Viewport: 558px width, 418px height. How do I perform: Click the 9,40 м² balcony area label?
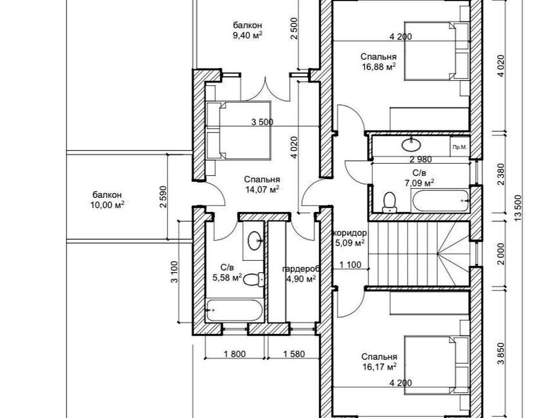[x=248, y=30]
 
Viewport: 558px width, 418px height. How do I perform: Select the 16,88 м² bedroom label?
[x=378, y=62]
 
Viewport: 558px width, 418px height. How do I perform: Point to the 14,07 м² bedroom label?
[x=262, y=185]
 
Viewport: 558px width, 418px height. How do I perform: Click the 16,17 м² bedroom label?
[x=379, y=362]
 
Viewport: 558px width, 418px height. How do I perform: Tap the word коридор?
[x=350, y=233]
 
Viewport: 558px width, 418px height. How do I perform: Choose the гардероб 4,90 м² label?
[x=301, y=273]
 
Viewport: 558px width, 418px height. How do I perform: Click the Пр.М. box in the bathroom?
[x=459, y=146]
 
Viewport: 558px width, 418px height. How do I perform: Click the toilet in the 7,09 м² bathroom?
[x=389, y=202]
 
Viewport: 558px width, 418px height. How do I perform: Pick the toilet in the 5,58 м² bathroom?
[x=254, y=279]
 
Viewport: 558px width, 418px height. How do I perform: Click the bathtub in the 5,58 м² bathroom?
[x=235, y=310]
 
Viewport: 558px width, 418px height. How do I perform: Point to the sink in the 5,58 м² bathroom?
[x=255, y=240]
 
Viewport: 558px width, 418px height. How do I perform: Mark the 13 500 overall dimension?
[x=518, y=208]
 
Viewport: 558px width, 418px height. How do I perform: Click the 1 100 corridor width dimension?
[x=350, y=265]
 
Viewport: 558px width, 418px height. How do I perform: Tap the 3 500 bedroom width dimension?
[x=262, y=122]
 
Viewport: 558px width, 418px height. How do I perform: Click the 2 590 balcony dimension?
[x=163, y=197]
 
